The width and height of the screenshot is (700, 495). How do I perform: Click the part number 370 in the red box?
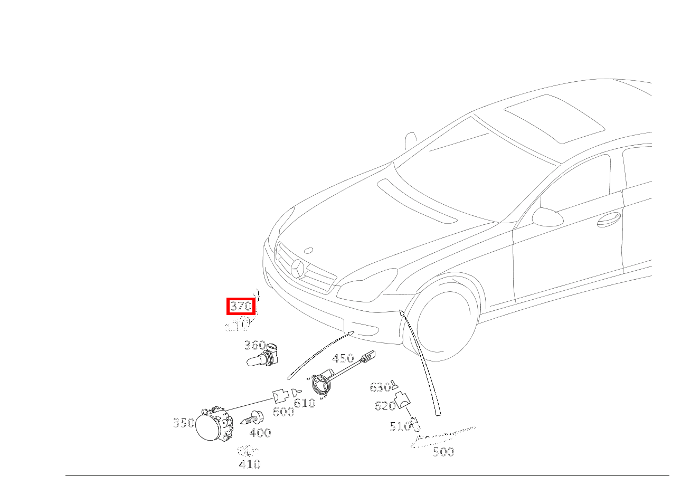pos(241,306)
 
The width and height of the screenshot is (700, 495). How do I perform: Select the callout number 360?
pos(254,346)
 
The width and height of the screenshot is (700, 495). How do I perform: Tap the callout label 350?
pos(183,423)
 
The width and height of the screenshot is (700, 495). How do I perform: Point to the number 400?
pos(260,433)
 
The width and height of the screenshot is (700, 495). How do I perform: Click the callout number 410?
pos(250,465)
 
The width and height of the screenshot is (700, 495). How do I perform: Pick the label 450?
pos(343,359)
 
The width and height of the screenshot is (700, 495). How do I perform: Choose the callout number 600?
pos(283,412)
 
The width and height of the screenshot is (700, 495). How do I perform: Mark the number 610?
pos(304,404)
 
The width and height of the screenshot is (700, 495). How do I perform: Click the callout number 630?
pos(380,388)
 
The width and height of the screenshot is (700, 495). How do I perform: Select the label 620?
pos(384,406)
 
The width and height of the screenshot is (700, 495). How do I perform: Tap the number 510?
pos(400,426)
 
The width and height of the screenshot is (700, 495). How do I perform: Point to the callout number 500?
pos(443,452)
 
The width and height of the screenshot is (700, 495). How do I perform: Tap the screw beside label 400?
pos(252,420)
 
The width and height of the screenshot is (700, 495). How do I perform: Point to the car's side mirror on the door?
pos(547,216)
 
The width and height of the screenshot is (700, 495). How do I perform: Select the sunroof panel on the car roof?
pos(554,118)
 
